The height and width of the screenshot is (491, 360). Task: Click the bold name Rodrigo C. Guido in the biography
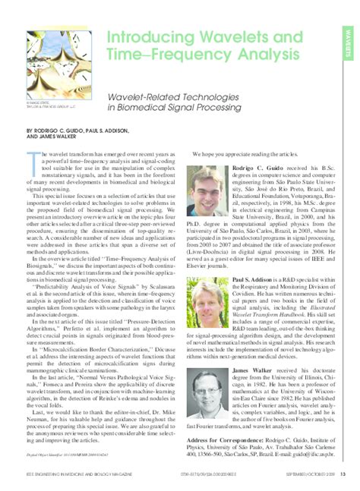(x=257, y=167)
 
